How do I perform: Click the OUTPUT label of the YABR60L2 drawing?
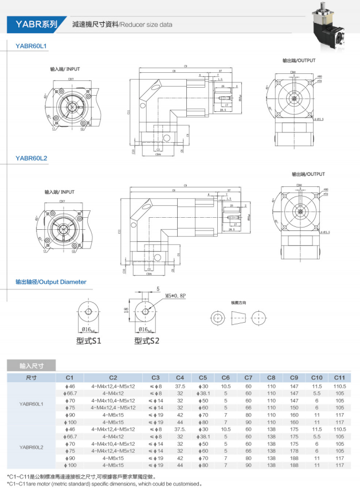(x=308, y=174)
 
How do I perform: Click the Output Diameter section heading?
(x=51, y=282)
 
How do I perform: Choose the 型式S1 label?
(x=88, y=341)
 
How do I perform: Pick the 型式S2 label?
(x=147, y=341)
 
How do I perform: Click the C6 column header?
(x=225, y=378)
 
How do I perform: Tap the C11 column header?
(x=339, y=378)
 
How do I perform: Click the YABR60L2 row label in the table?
(x=32, y=447)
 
